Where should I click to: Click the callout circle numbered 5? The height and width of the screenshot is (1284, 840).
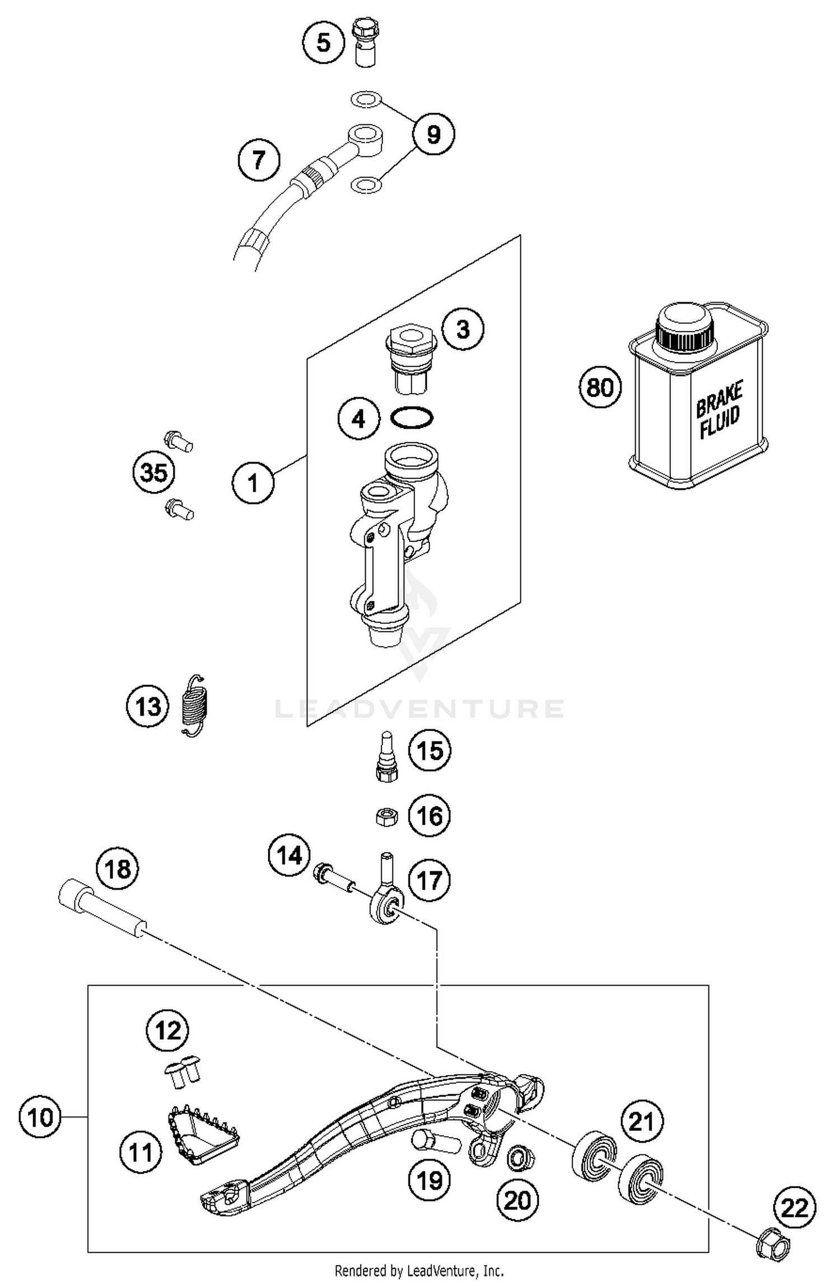click(324, 43)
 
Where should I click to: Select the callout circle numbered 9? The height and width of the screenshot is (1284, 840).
click(433, 134)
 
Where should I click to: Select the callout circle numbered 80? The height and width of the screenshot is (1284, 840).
click(600, 387)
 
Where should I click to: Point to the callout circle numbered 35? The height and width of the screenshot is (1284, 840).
click(154, 473)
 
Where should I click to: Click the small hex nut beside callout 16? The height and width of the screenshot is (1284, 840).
click(386, 817)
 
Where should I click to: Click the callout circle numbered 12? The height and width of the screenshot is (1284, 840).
click(168, 1030)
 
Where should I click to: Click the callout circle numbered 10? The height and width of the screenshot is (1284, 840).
click(40, 1117)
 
